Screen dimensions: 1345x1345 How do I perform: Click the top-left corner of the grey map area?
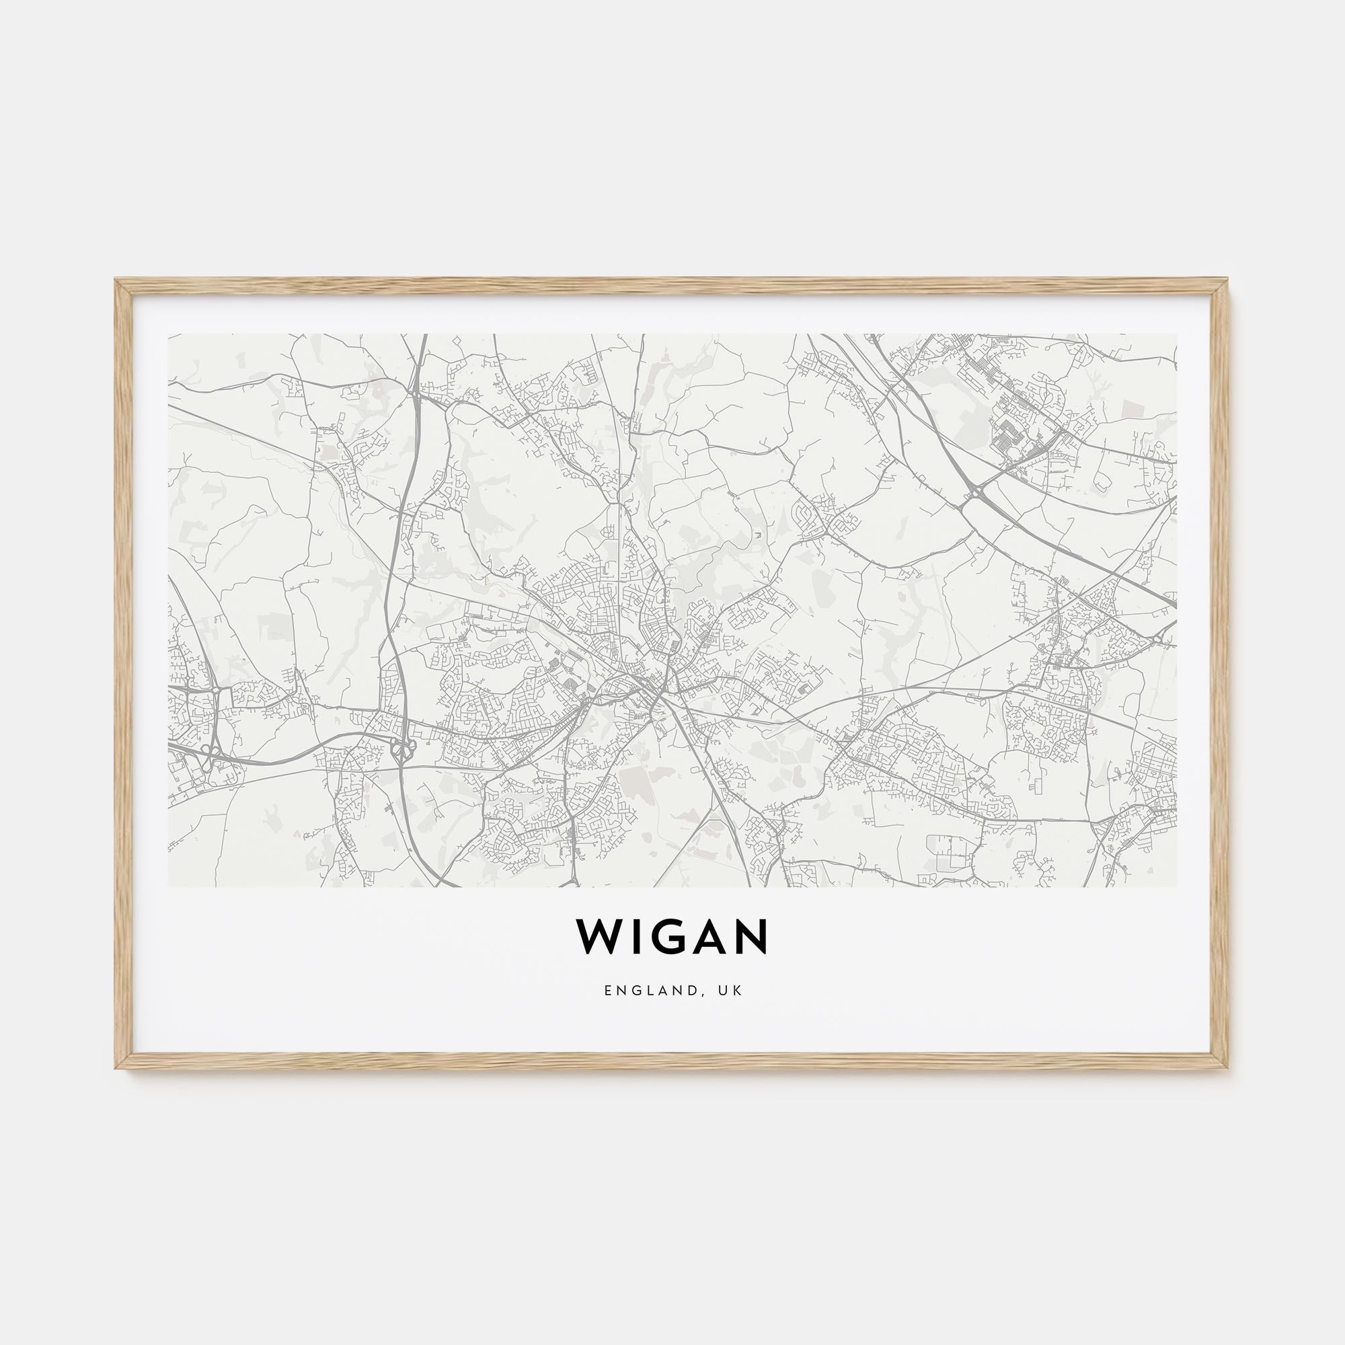click(169, 334)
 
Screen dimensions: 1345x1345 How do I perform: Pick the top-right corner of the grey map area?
click(1176, 334)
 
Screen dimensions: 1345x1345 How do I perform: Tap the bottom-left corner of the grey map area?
click(169, 886)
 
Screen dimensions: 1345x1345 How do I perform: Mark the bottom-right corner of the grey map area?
click(1176, 886)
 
